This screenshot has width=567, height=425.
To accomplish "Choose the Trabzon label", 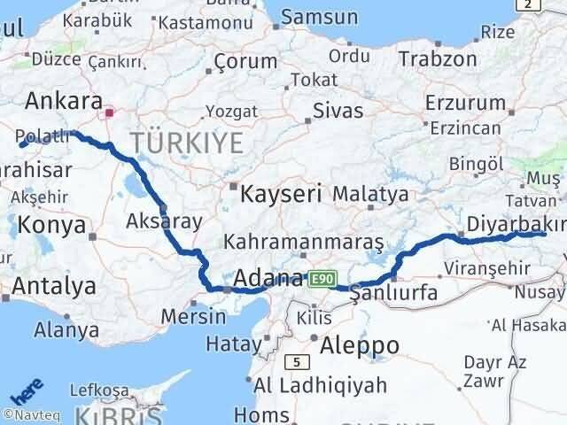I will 437,58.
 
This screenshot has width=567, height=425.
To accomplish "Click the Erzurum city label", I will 464,102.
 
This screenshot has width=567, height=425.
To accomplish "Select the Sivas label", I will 339,111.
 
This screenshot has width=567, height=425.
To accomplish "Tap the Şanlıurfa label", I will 393,293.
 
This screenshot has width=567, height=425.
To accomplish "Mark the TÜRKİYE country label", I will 187,140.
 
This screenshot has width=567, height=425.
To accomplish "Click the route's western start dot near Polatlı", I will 22,143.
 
